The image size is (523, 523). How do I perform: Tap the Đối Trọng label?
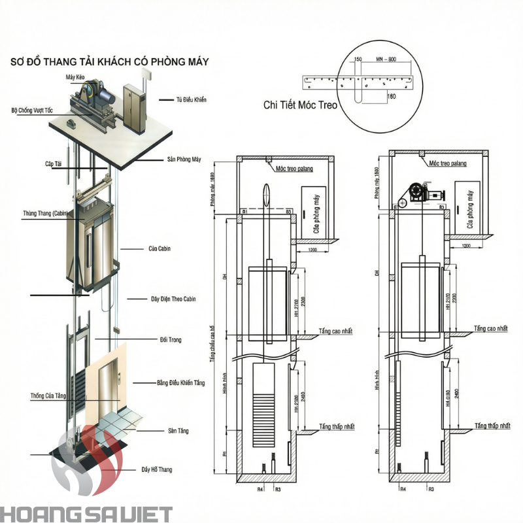(171, 340)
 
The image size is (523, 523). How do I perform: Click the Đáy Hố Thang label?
(156, 469)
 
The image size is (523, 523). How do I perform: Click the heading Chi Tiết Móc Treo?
(301, 104)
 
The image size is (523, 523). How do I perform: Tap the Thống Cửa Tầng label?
(48, 396)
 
